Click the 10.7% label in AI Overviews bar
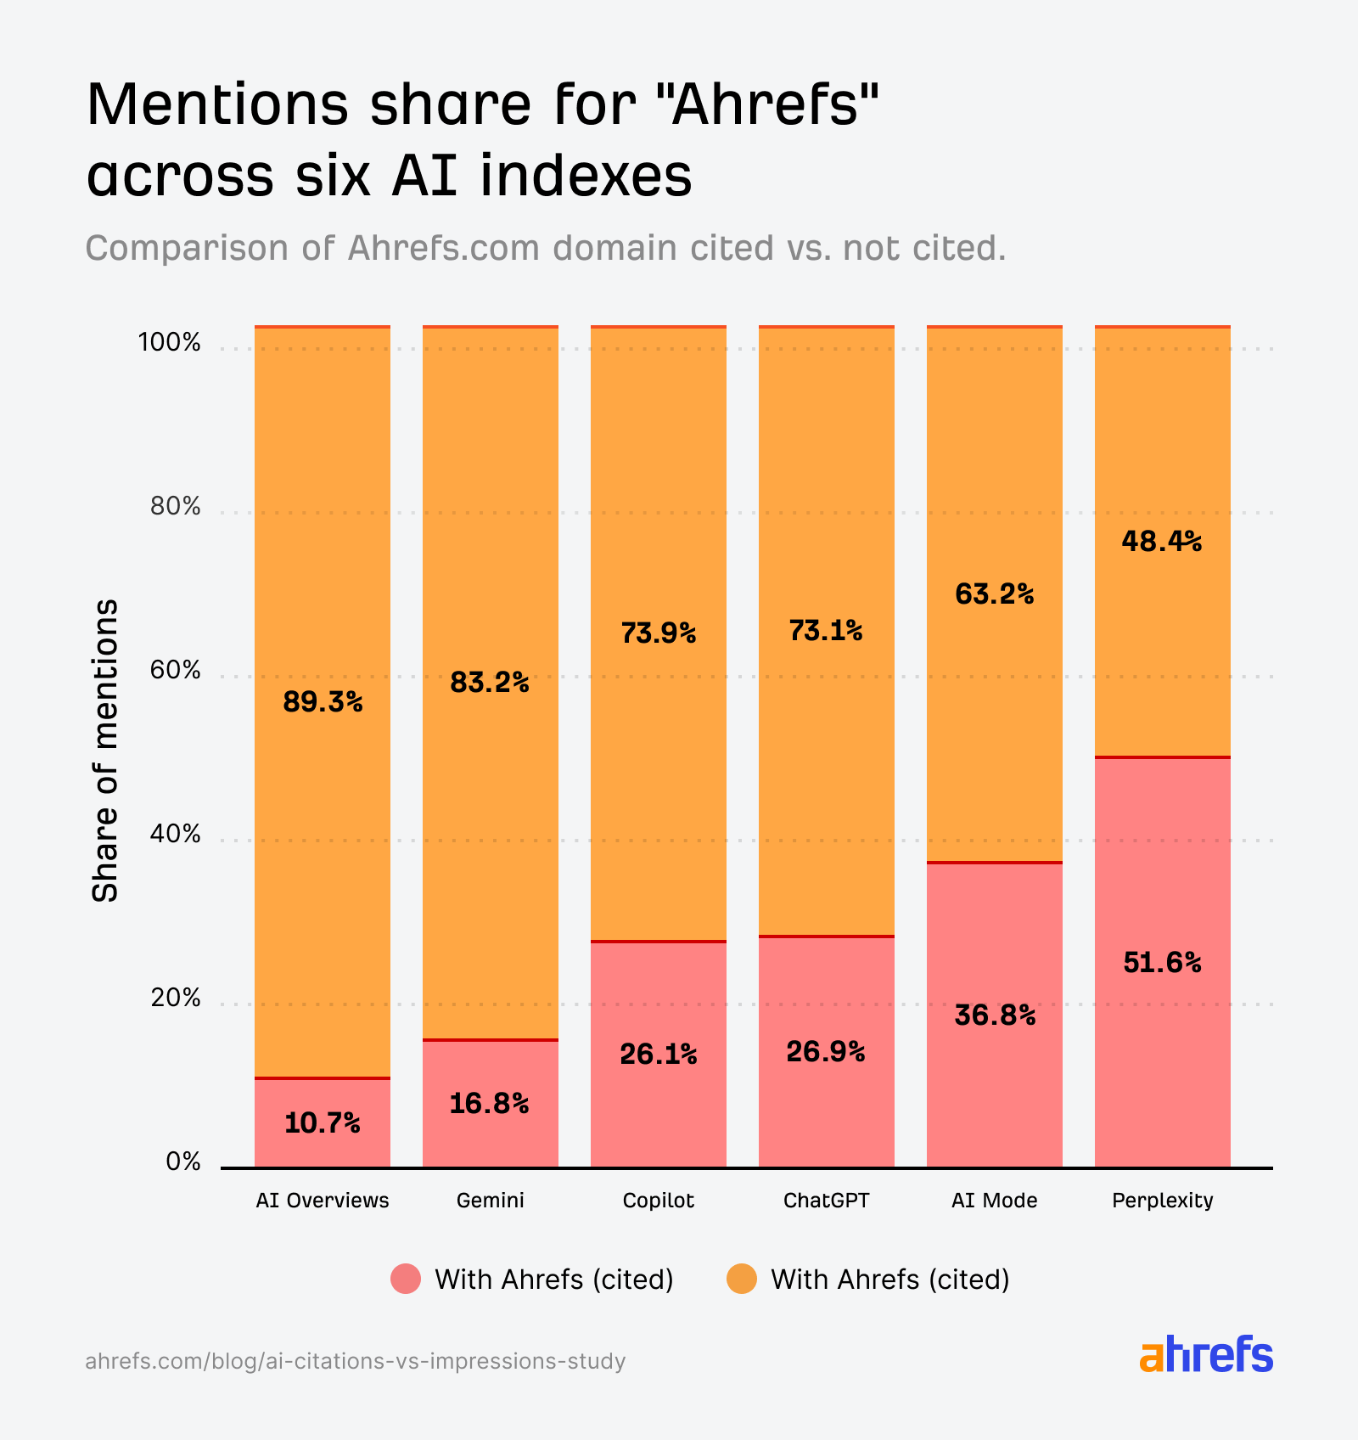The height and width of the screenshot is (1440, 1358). [322, 1123]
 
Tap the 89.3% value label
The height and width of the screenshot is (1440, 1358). [323, 702]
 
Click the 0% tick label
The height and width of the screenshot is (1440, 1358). [182, 1162]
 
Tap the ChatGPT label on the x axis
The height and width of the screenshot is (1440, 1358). [826, 1201]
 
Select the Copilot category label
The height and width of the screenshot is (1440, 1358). [658, 1201]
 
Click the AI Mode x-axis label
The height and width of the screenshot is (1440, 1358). [994, 1201]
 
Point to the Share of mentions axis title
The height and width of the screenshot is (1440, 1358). [105, 751]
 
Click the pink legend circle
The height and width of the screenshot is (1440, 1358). [406, 1279]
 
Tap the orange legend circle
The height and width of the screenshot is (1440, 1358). [742, 1279]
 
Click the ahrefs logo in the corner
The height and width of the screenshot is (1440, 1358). [1205, 1355]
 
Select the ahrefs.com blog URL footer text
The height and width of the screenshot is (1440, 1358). [355, 1361]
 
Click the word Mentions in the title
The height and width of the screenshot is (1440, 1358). [217, 105]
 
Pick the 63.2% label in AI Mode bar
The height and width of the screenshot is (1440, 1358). [994, 593]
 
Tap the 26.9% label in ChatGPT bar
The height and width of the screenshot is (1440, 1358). [825, 1052]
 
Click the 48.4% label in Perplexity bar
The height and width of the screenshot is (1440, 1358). [1161, 541]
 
